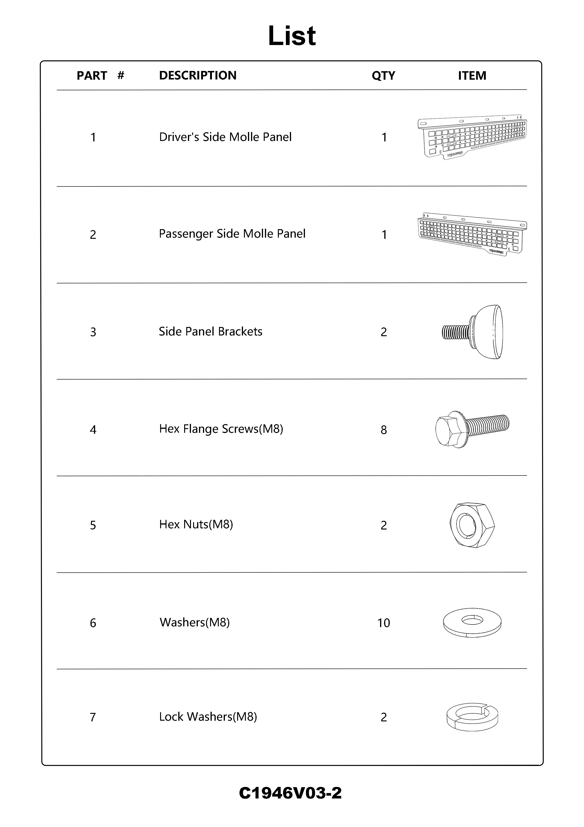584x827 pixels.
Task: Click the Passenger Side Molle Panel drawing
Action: point(472,234)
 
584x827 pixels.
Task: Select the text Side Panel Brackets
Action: point(211,331)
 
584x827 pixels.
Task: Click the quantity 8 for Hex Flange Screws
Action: point(384,430)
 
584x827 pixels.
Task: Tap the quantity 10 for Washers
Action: point(384,623)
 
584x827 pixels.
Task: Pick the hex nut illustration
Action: point(472,525)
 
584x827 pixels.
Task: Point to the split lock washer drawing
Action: point(472,717)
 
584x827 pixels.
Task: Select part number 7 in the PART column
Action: point(93,717)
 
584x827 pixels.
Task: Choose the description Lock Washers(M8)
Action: point(208,717)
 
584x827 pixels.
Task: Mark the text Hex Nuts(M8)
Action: point(196,525)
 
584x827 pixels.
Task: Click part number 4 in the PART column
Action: point(93,430)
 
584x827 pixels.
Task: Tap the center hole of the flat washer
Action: point(472,620)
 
